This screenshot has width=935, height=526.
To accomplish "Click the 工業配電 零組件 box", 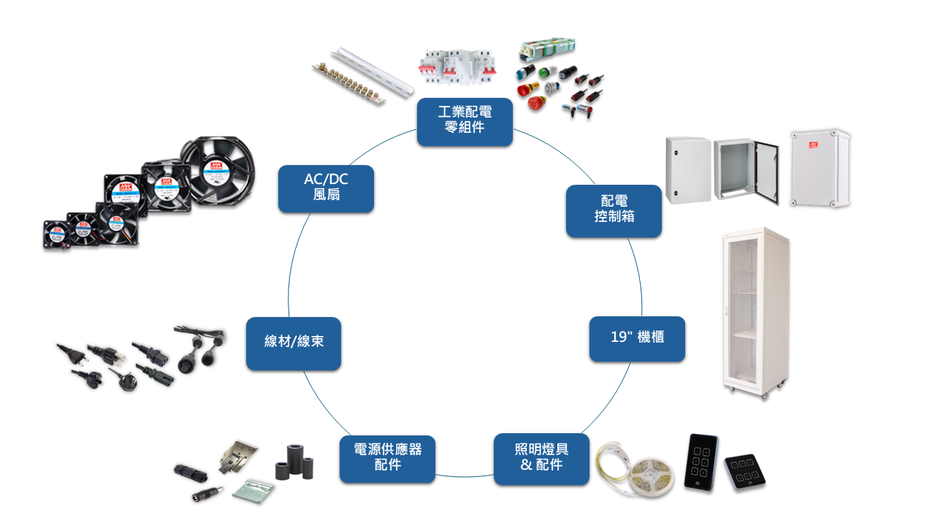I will pyautogui.click(x=465, y=122).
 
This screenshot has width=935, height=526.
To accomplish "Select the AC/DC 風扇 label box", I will pyautogui.click(x=326, y=188).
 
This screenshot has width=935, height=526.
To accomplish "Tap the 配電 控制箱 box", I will pyautogui.click(x=614, y=210).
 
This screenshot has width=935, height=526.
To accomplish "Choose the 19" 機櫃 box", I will pyautogui.click(x=637, y=338).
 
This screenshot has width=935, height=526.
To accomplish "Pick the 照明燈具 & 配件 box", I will pyautogui.click(x=541, y=459).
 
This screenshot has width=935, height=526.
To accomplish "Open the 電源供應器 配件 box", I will pyautogui.click(x=387, y=459).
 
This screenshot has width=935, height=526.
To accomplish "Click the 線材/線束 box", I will pyautogui.click(x=293, y=343).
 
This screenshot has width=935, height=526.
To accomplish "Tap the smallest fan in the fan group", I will pyautogui.click(x=56, y=235).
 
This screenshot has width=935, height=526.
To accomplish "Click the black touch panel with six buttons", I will pyautogui.click(x=701, y=462).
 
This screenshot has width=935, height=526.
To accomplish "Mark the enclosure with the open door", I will pyautogui.click(x=738, y=169).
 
